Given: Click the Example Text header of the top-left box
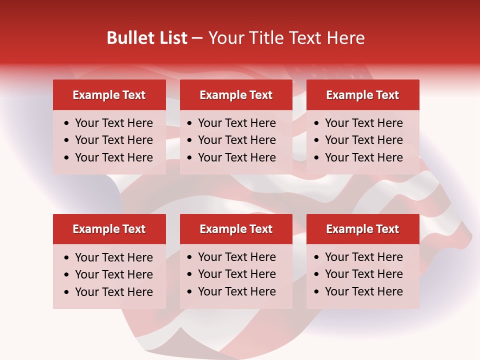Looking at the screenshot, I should pyautogui.click(x=109, y=95).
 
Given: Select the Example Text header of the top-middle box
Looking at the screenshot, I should pyautogui.click(x=236, y=95).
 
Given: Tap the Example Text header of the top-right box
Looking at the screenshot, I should pyautogui.click(x=362, y=95).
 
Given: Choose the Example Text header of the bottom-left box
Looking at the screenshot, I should pyautogui.click(x=109, y=229).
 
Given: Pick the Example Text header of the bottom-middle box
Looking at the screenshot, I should pyautogui.click(x=236, y=229).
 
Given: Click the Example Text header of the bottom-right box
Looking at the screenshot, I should pyautogui.click(x=362, y=229).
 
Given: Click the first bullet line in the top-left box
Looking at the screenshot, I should pyautogui.click(x=114, y=123).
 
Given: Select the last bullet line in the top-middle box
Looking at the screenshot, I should pyautogui.click(x=237, y=157).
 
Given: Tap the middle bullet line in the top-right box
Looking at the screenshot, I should pyautogui.click(x=364, y=140).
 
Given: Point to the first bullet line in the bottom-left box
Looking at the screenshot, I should pyautogui.click(x=114, y=257).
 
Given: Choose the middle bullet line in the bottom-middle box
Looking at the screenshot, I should pyautogui.click(x=237, y=274).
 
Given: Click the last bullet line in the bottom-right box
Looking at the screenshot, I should pyautogui.click(x=364, y=291).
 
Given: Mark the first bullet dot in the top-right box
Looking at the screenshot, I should pyautogui.click(x=317, y=123).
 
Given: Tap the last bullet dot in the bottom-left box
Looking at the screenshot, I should pyautogui.click(x=67, y=292).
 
